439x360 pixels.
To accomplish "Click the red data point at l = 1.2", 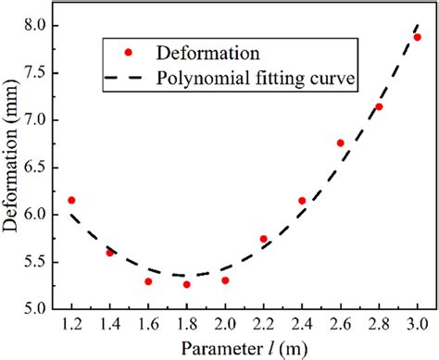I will coord(71,200).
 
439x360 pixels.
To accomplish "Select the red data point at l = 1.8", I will coord(186,284).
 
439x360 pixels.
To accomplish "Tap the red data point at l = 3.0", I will coord(417,37).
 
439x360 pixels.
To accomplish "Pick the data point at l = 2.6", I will coord(340,143).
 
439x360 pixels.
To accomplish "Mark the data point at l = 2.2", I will coord(263,239).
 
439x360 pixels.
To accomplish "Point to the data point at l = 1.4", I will coord(109,252).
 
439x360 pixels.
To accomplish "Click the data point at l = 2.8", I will coord(378,106).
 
